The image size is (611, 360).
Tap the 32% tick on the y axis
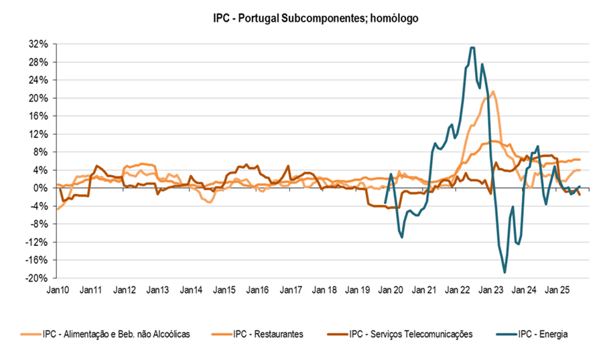38,44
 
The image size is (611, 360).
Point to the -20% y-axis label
37,278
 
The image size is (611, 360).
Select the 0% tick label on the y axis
41,188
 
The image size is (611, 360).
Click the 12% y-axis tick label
38,134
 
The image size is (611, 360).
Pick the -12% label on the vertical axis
37,242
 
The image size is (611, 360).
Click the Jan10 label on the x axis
57,290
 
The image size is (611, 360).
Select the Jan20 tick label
391,290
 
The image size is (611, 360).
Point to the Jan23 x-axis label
490,290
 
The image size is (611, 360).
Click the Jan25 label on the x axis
557,290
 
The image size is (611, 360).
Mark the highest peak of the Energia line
472,48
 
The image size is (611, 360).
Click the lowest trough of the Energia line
504,272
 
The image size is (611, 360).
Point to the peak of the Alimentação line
493,92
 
